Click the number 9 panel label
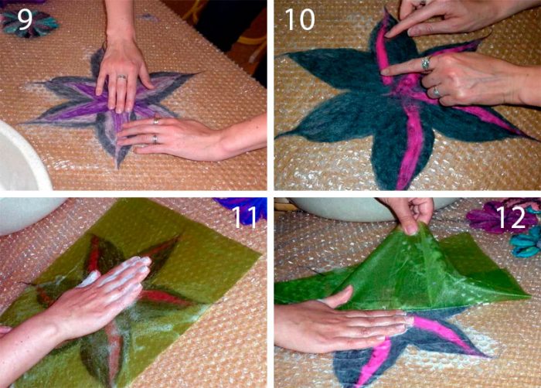pos(25,19)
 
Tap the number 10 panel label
pos(300,19)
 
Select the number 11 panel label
pos(245,217)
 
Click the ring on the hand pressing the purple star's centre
pos(122,77)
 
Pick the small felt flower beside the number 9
pos(29,22)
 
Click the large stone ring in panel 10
pos(426,63)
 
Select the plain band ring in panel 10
pos(437,91)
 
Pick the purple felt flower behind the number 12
pos(490,216)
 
